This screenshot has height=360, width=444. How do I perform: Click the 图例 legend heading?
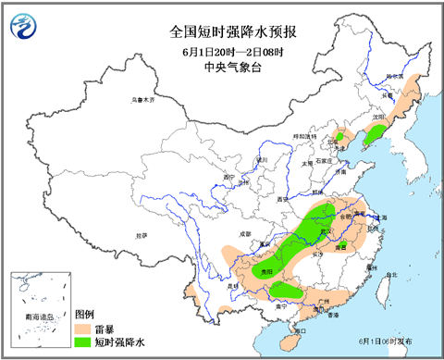pyautogui.click(x=84, y=314)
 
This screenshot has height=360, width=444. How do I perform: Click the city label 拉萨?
pyautogui.click(x=142, y=236)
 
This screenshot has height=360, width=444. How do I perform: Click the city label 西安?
pyautogui.click(x=283, y=198)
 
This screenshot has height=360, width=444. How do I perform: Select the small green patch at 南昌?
pyautogui.click(x=340, y=245)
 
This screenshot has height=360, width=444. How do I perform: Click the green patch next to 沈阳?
pyautogui.click(x=374, y=137)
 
